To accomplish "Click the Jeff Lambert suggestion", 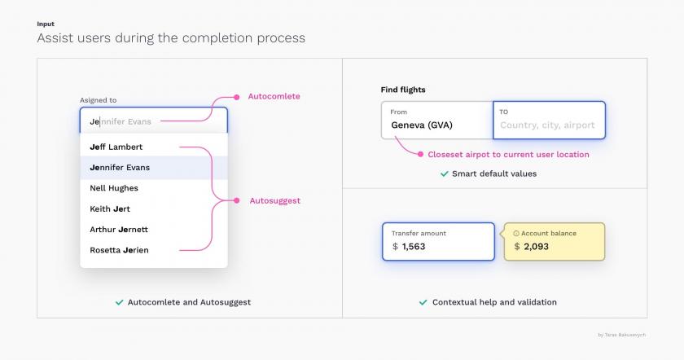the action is tap(116, 147).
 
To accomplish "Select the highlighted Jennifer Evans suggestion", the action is tap(120, 168).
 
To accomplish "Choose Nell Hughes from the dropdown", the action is tap(114, 188).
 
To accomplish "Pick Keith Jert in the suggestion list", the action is tap(110, 209).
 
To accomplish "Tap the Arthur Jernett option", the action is tap(119, 230).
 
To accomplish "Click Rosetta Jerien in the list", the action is tap(119, 250).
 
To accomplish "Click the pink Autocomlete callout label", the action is tap(274, 96).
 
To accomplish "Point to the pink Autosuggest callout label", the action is tap(275, 200).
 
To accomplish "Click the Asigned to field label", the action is tap(99, 100).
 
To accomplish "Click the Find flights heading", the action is tap(403, 90).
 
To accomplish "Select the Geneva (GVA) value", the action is tap(422, 125).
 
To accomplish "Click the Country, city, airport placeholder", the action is tap(547, 125).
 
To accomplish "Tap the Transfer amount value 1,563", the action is tap(414, 247).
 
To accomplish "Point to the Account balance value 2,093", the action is tap(536, 247).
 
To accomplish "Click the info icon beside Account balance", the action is tap(516, 234).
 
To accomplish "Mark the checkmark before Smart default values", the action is tap(445, 173).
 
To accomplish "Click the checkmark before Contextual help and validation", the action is tap(423, 302).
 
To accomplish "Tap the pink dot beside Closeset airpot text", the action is tap(420, 154).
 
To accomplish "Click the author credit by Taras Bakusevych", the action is tap(621, 335).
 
